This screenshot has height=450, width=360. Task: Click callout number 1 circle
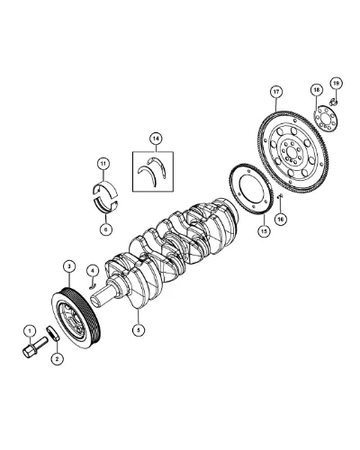click(30, 331)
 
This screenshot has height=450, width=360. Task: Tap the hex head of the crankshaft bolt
click(29, 351)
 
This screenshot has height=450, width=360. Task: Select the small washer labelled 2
click(53, 334)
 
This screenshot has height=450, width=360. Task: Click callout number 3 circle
click(69, 266)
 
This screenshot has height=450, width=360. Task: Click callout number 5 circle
click(139, 330)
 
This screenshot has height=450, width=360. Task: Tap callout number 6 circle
click(105, 229)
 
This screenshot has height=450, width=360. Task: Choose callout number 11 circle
click(103, 164)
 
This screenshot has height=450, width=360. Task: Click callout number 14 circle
click(156, 139)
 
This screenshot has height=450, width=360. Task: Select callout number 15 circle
click(264, 231)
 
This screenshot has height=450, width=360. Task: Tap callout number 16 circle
click(281, 220)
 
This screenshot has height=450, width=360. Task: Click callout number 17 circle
click(276, 92)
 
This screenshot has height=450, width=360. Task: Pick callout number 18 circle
click(316, 89)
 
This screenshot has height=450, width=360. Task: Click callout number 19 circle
click(336, 83)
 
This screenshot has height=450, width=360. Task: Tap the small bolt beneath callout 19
click(333, 103)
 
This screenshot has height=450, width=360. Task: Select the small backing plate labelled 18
click(326, 120)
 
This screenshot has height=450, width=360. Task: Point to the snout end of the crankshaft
click(96, 298)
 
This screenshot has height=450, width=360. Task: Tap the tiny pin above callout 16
click(280, 196)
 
